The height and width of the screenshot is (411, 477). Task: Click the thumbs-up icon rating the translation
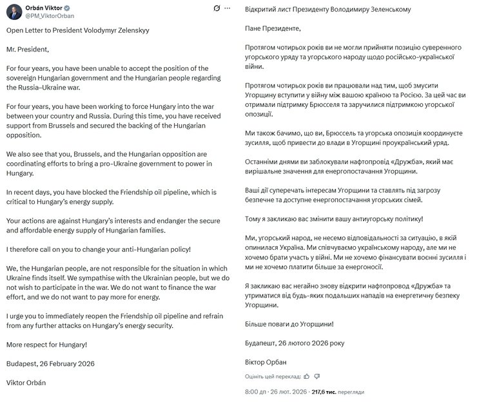click(306, 376)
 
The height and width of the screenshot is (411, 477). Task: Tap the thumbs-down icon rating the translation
click(316, 376)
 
